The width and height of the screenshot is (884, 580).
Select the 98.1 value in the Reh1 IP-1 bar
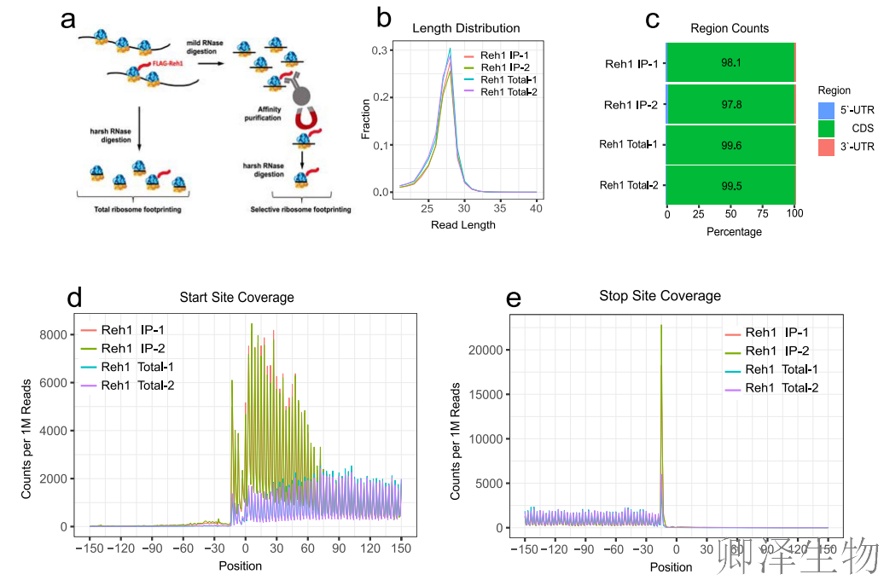(730, 62)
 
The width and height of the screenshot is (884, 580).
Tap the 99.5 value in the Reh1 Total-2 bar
(730, 185)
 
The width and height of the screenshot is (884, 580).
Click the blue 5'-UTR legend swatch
(826, 110)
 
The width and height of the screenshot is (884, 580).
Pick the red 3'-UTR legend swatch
(826, 148)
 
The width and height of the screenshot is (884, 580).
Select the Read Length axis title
(463, 225)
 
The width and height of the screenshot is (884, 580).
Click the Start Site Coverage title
(236, 298)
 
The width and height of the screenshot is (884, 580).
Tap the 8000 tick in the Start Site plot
(55, 335)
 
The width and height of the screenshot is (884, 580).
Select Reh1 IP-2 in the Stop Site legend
(776, 351)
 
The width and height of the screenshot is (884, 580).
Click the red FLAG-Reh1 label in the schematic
(167, 62)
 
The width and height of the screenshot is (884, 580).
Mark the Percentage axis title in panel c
(734, 231)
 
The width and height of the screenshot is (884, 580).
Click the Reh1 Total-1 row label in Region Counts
(628, 145)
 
